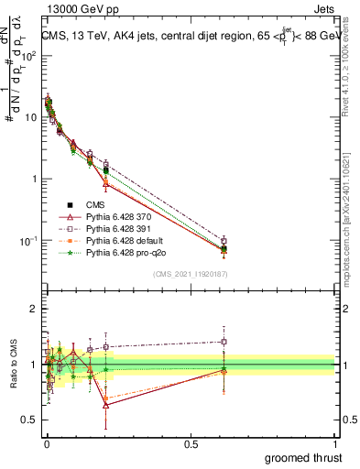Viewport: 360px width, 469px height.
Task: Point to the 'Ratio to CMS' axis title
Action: pos(12,365)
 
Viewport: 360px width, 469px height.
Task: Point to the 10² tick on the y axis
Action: pos(29,56)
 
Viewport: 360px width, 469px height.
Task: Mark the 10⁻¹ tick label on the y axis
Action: pos(28,241)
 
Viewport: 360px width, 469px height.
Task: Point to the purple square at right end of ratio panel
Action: pos(224,342)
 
